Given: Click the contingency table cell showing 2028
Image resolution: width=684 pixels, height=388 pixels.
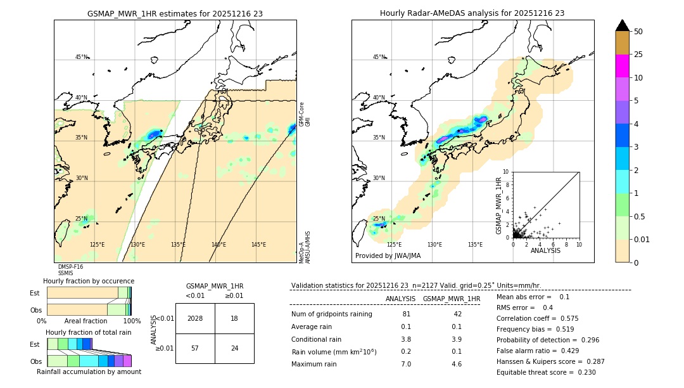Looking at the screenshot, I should click(195, 318).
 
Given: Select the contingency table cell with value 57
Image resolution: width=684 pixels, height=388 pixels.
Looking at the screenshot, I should click(195, 348).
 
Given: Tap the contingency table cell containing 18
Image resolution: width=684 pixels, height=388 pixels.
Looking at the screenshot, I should click(234, 318).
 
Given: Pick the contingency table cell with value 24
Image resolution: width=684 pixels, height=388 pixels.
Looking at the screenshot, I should click(234, 348).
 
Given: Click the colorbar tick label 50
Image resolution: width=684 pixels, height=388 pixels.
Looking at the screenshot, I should click(638, 32).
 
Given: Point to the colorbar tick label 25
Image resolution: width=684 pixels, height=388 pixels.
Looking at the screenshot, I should click(638, 55).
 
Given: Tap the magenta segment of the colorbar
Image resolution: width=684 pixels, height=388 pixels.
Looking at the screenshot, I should click(622, 66).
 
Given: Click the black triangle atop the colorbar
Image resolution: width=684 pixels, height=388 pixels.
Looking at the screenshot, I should click(622, 25).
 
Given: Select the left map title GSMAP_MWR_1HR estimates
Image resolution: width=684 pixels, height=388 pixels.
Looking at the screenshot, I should click(175, 13).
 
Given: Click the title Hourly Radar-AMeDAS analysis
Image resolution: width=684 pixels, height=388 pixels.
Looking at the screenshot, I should click(472, 13).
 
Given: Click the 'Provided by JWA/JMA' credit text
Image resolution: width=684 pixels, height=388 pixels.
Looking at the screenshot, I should click(388, 255).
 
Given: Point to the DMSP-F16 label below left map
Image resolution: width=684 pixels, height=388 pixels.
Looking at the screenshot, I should click(70, 267).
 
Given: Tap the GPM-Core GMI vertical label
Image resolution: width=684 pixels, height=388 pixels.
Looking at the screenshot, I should click(305, 114).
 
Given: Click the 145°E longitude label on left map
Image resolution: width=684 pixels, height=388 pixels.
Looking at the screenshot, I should click(258, 245).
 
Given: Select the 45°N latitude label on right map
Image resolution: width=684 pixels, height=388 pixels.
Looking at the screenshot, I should click(378, 57).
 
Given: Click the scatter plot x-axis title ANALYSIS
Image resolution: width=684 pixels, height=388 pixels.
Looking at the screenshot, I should click(545, 250).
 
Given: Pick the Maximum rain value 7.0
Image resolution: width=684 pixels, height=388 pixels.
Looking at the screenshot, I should click(406, 364).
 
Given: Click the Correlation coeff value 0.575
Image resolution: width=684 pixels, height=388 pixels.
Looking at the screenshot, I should click(567, 318).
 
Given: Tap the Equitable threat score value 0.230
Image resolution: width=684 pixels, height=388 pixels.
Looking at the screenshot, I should click(583, 372).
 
